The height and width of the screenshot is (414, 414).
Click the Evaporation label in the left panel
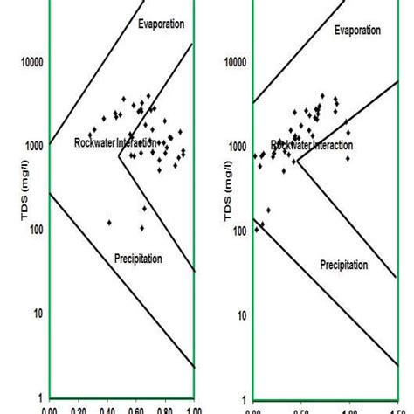[162, 24]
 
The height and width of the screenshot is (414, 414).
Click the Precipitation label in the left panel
[140, 258]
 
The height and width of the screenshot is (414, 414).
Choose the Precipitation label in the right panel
[343, 264]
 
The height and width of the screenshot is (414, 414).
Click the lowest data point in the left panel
[141, 228]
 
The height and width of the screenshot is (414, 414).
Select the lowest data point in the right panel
[257, 230]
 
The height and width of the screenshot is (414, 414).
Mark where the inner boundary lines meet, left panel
[119, 157]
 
